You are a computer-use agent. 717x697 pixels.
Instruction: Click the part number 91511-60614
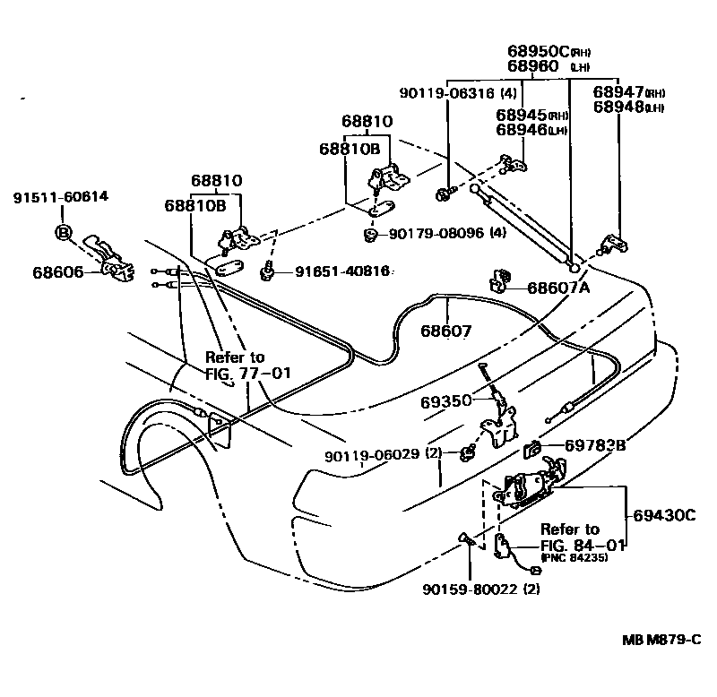tap(61, 197)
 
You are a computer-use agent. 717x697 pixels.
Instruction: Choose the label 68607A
tap(558, 288)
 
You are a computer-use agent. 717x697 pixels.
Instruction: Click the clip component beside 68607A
tap(499, 280)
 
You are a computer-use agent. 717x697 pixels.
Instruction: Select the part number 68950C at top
tap(538, 51)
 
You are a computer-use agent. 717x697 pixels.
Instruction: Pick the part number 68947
tap(622, 91)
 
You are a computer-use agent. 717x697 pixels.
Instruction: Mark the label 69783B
tap(596, 445)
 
